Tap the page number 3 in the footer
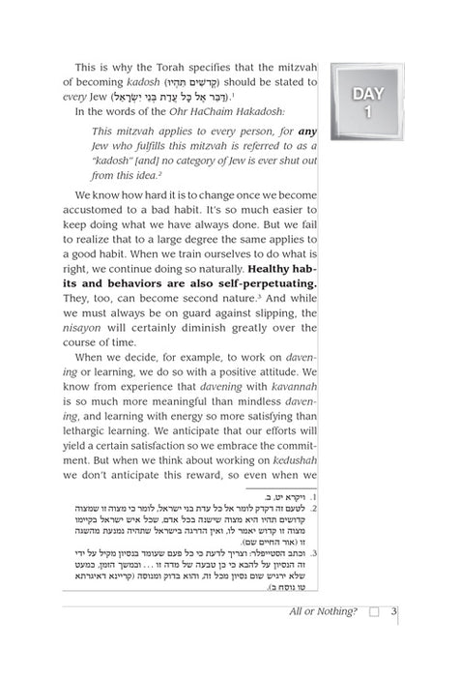pyautogui.click(x=394, y=610)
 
